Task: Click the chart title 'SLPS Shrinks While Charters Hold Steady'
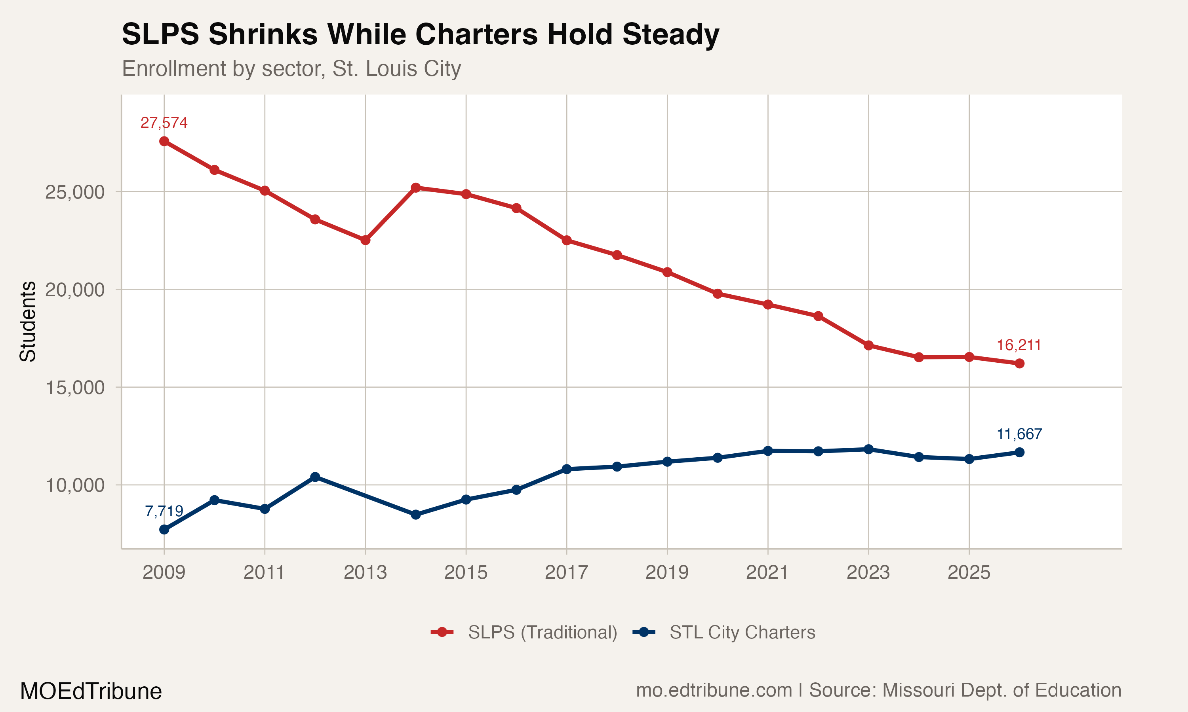coord(420,34)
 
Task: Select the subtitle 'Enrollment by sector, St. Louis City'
coord(291,68)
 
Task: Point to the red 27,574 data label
coord(164,123)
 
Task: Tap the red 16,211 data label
coord(1019,345)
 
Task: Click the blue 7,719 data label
coord(164,511)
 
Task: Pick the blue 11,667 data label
coord(1019,434)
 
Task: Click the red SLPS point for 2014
coord(416,187)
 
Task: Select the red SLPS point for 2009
coord(164,141)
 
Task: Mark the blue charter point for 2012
coord(315,477)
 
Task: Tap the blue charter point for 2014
coord(416,515)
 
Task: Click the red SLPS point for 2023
coord(868,345)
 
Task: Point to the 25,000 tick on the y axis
coord(74,192)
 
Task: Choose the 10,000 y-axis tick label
coord(74,485)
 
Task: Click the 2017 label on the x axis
coord(566,572)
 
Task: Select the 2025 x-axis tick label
coord(969,572)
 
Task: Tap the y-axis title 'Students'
coord(28,322)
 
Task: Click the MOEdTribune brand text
coord(91,691)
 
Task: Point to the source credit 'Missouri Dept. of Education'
coord(965,690)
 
